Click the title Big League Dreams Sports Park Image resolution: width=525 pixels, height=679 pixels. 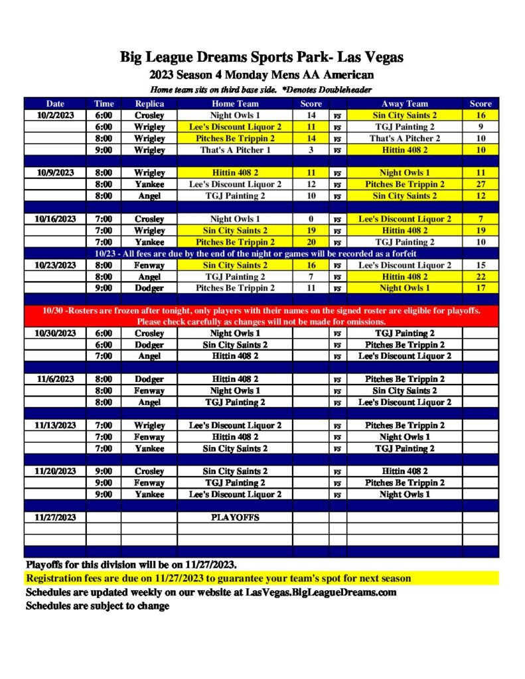click(262, 57)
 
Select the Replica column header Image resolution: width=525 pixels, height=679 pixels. click(149, 103)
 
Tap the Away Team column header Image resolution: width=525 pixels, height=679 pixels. click(404, 103)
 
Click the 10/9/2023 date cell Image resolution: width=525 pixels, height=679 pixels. click(55, 172)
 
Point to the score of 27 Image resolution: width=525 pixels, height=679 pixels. click(481, 184)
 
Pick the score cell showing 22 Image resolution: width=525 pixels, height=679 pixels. click(481, 277)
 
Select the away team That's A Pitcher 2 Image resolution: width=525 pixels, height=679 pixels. click(404, 138)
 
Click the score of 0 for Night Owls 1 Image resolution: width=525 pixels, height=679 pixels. click(311, 219)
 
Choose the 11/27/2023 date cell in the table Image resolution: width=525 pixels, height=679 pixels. click(55, 517)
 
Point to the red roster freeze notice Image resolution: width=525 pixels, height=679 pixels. click(262, 316)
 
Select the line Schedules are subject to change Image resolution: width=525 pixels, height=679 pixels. click(98, 605)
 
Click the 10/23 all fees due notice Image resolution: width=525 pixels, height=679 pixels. click(262, 253)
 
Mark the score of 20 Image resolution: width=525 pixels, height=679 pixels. click(311, 242)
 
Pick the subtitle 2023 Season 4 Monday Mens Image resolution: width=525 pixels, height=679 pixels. click(262, 75)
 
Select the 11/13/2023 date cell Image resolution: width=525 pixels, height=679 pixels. click(55, 425)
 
